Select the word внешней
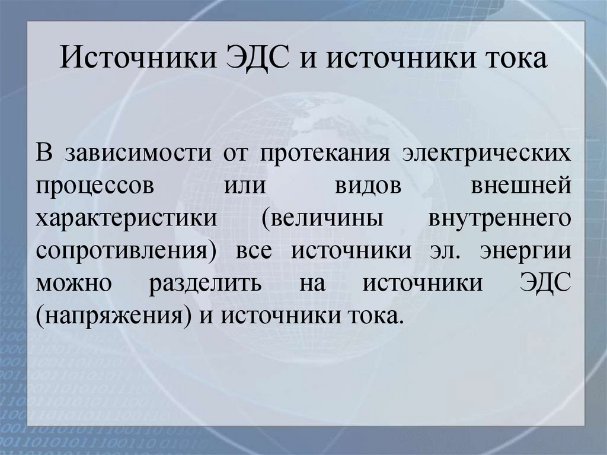[522, 184]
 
